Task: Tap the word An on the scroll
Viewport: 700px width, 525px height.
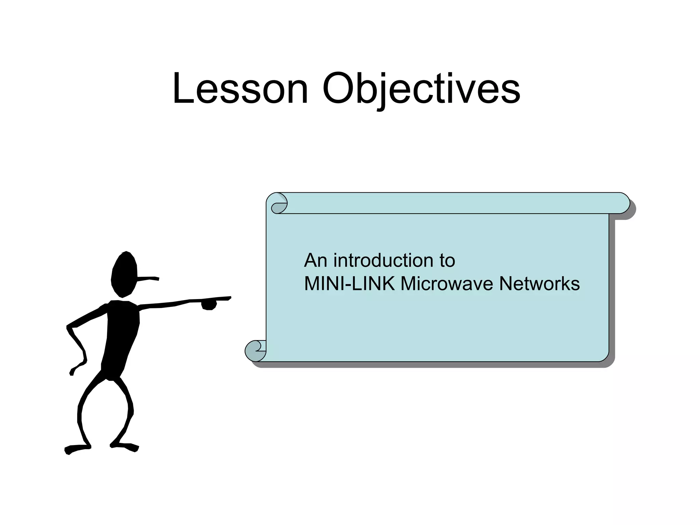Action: click(316, 260)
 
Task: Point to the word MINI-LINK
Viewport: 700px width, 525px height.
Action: click(349, 284)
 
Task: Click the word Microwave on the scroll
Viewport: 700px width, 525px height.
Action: click(447, 284)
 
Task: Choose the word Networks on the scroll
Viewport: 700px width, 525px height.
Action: click(539, 284)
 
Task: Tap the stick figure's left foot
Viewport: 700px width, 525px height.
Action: click(77, 448)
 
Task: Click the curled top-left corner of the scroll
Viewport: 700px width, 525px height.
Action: click(279, 203)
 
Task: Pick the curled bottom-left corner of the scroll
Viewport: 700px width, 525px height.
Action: click(255, 351)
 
